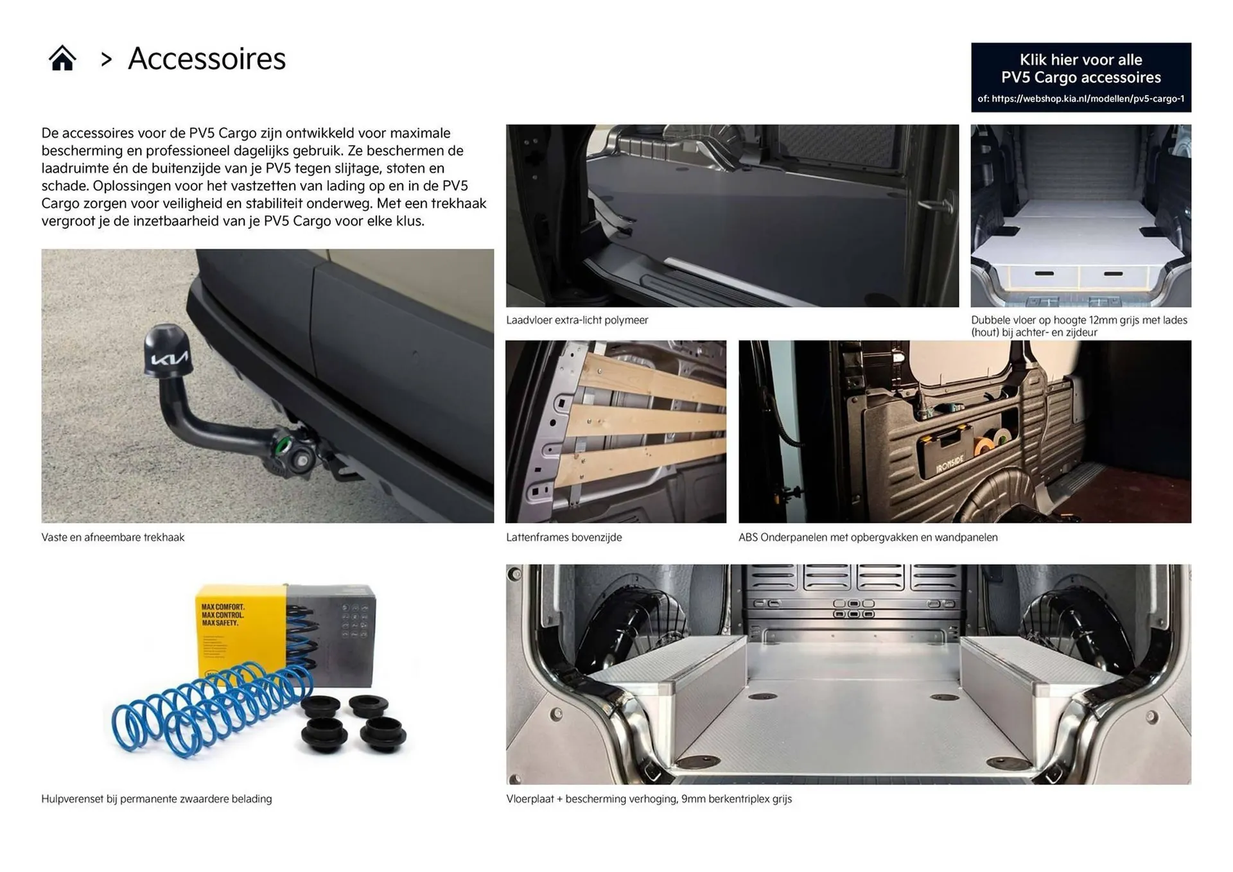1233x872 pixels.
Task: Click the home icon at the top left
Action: tap(62, 58)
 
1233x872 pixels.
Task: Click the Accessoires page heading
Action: tap(207, 59)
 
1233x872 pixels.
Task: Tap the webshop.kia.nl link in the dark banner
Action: tap(1081, 99)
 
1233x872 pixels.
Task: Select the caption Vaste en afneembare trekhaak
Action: tap(113, 537)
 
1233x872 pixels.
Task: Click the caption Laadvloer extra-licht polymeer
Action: tap(577, 320)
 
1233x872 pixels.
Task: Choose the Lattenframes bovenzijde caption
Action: tap(564, 537)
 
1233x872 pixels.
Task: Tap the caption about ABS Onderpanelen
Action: tap(868, 537)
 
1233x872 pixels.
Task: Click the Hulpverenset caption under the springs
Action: tap(157, 799)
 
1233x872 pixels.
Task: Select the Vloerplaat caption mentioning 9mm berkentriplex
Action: tap(649, 799)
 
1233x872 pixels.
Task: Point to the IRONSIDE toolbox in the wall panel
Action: tap(947, 455)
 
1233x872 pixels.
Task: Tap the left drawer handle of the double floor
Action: tap(1044, 274)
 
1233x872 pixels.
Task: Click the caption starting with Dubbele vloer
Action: tap(1079, 326)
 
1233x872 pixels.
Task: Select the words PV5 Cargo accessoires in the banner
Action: tap(1081, 78)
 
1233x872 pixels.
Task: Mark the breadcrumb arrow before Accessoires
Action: tap(107, 60)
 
